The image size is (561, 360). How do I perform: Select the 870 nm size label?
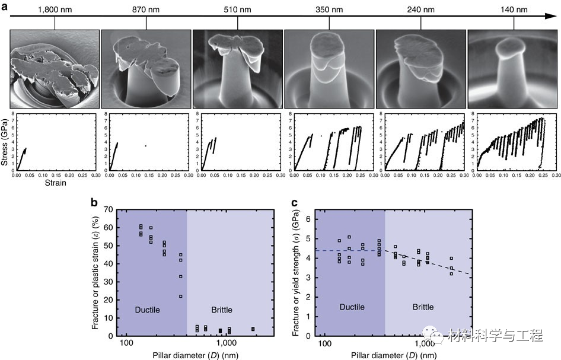click(145, 9)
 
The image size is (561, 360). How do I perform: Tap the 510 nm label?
click(237, 9)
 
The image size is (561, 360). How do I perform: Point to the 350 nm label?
click(329, 9)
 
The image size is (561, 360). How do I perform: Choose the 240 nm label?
click(420, 9)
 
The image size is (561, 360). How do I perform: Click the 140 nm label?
click(512, 9)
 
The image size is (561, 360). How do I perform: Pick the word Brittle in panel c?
click(423, 307)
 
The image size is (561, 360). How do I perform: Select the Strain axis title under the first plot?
click(56, 183)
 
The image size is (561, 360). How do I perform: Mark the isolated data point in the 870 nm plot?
click(146, 145)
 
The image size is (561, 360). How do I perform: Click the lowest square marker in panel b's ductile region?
click(181, 296)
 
